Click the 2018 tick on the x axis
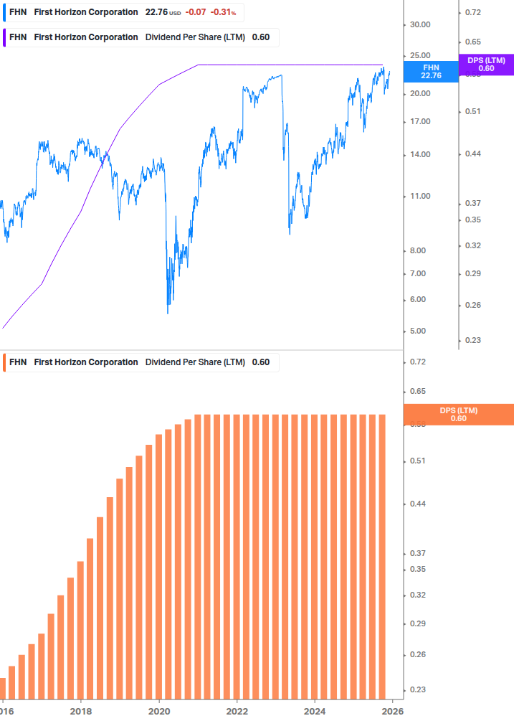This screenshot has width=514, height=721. [81, 711]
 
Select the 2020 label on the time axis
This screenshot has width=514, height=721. [159, 711]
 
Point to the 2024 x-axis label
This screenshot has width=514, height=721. [315, 711]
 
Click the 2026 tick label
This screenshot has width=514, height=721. [391, 711]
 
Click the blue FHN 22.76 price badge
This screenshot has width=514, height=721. [431, 71]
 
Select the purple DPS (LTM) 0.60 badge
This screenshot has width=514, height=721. [486, 65]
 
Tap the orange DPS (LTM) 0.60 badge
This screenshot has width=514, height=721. [459, 415]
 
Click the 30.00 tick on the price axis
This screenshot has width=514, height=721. [419, 24]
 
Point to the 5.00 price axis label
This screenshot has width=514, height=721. [419, 331]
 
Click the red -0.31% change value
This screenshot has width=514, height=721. [223, 12]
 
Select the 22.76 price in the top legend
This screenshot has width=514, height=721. [156, 12]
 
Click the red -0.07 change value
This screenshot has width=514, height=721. [195, 12]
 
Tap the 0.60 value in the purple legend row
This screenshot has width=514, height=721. [261, 37]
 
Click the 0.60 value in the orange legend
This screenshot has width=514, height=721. [261, 362]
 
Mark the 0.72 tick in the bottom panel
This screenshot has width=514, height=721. [419, 362]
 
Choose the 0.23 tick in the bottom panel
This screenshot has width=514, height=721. [419, 690]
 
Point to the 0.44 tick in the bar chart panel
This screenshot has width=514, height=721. [419, 504]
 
